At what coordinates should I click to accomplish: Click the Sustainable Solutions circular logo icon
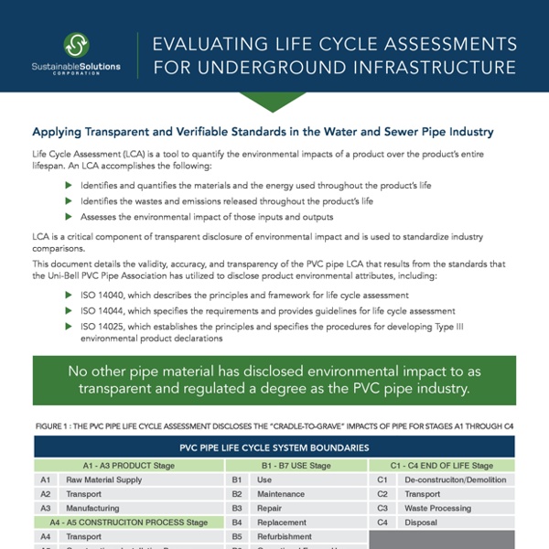[x=77, y=45]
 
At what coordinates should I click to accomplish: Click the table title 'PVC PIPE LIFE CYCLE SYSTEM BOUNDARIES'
[x=274, y=448]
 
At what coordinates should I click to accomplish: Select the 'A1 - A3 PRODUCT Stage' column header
[x=128, y=466]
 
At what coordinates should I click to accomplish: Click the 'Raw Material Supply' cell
[x=103, y=479]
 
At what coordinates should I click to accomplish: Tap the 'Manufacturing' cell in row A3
[x=92, y=508]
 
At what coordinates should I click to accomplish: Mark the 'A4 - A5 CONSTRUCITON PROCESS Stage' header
[x=128, y=522]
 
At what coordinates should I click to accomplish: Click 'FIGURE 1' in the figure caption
[x=55, y=425]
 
